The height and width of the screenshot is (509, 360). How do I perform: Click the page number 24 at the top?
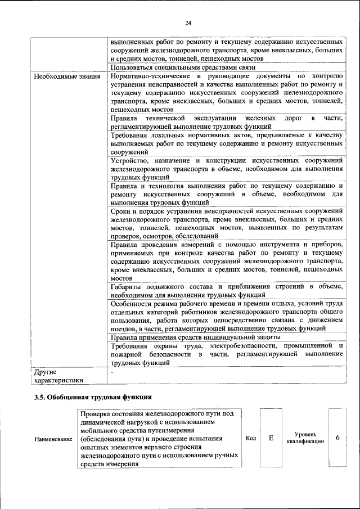pyautogui.click(x=188, y=22)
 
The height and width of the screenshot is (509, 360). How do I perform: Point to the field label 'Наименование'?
pyautogui.click(x=53, y=439)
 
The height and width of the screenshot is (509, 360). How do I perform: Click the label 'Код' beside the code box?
pyautogui.click(x=251, y=438)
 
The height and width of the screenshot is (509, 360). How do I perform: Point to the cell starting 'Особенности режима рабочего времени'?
pyautogui.click(x=227, y=316)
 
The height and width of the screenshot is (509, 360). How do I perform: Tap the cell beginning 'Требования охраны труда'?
pyautogui.click(x=227, y=354)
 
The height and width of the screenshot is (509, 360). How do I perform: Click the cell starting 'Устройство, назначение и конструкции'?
pyautogui.click(x=227, y=169)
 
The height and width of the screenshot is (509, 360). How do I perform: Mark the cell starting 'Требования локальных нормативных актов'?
pyautogui.click(x=227, y=144)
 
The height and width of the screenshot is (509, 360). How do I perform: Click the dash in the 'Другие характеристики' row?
pyautogui.click(x=112, y=372)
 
